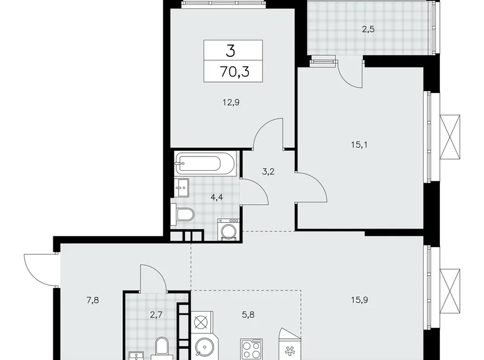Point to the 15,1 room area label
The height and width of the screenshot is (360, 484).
pos(359,145)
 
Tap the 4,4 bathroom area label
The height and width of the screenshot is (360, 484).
pos(217,199)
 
